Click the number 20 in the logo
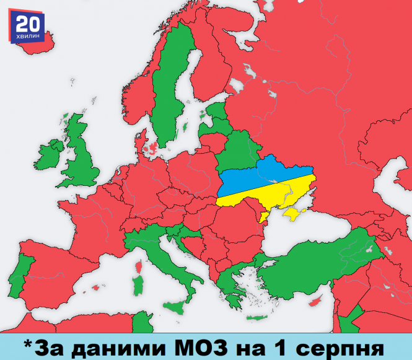coord(22,24)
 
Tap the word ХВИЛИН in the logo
coord(22,38)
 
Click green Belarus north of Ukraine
coord(239,152)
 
